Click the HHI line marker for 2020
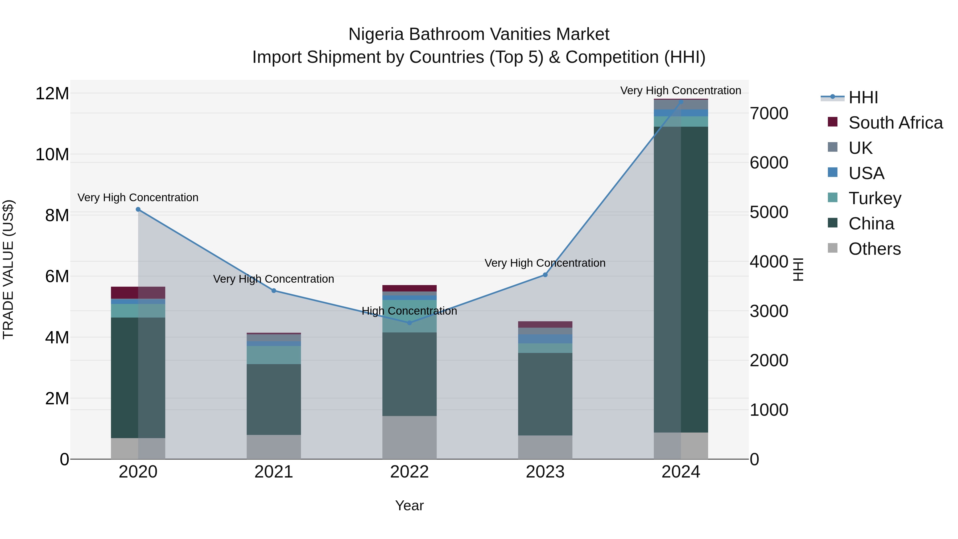click(x=138, y=209)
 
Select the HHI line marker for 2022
click(x=410, y=323)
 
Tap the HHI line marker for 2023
click(x=545, y=275)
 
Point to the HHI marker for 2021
click(x=274, y=290)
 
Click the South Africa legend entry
click(x=895, y=123)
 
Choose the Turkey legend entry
click(x=875, y=198)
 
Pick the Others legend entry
click(x=874, y=249)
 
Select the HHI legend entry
click(x=863, y=97)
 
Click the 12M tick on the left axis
click(x=52, y=93)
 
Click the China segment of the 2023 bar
click(x=545, y=394)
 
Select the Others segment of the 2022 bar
click(x=410, y=437)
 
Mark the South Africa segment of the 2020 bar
click(x=138, y=293)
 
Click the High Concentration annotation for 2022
click(x=410, y=311)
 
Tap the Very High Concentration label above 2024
click(x=680, y=90)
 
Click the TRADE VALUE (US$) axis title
click(x=8, y=269)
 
